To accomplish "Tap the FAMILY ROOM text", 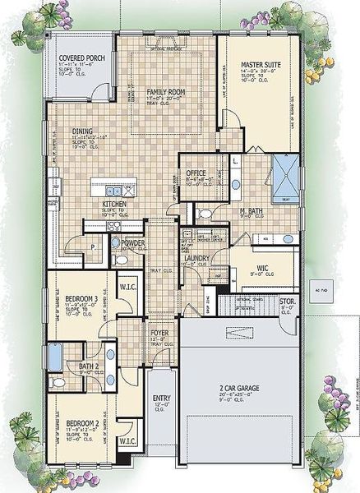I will pos(163,93).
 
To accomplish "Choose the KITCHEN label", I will pos(113,204).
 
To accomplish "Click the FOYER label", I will pos(159,334).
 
